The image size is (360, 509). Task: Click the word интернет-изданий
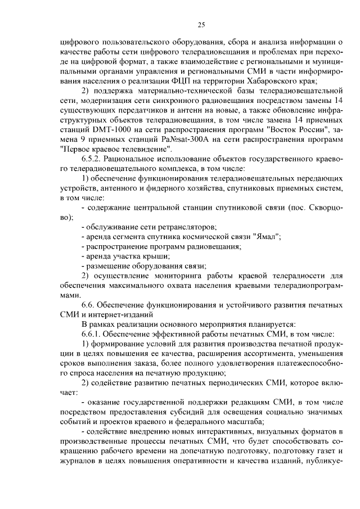tap(120, 314)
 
